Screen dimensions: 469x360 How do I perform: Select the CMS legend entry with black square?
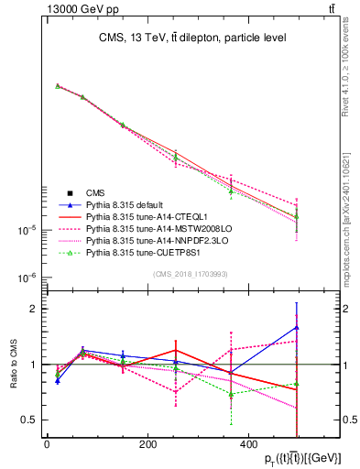coord(95,192)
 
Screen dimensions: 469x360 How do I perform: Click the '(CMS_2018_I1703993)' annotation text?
coord(191,273)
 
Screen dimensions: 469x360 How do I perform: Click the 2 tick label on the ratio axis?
coord(32,309)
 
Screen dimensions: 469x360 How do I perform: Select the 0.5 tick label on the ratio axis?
coord(28,420)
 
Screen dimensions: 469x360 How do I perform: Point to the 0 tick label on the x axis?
coord(47,444)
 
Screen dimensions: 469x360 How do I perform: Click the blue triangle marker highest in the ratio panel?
coord(297,326)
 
